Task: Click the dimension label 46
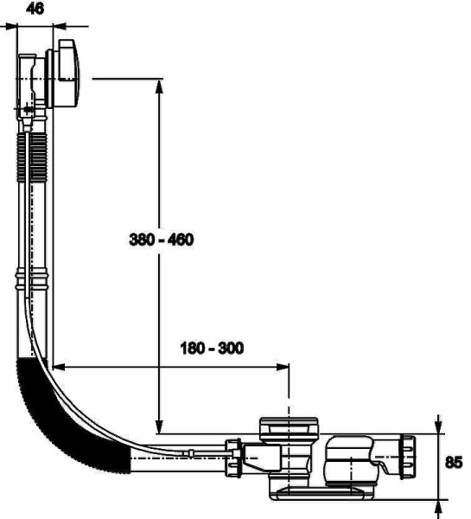point(35,9)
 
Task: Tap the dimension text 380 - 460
point(161,240)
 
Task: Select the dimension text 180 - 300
point(212,349)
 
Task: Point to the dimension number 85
point(454,463)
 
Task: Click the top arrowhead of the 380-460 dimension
point(159,86)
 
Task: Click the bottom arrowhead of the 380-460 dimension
point(159,426)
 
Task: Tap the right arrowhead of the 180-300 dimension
point(282,367)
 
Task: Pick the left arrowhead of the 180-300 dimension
point(60,367)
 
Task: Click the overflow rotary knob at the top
point(69,74)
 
